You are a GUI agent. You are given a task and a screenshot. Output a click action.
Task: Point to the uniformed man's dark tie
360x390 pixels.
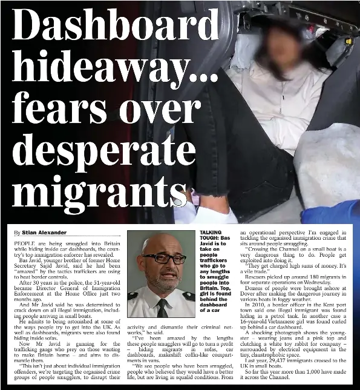click(x=162, y=305)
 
